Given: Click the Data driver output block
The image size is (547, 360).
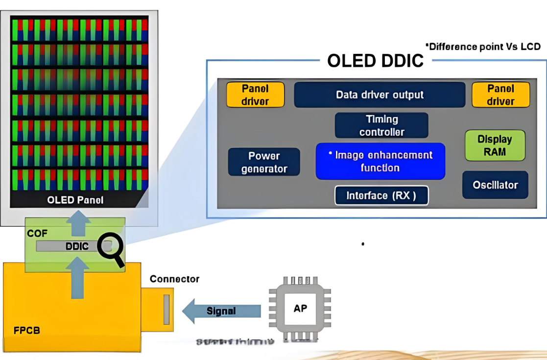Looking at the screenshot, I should coord(380,95).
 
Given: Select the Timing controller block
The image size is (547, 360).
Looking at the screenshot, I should coord(381,125).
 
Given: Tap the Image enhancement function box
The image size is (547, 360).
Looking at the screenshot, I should coord(380,161).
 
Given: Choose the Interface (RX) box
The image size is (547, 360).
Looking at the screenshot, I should coord(381,195).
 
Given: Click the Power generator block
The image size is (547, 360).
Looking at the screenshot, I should coord(264,162).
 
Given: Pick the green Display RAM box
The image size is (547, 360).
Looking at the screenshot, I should coord(495,145).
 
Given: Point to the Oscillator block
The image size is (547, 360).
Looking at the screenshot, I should coord(495,185).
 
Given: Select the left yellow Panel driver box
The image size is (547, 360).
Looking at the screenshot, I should coord(255,95).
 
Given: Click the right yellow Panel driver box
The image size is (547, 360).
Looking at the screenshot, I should coord(500,95).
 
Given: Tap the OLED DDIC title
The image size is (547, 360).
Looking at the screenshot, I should coord(375,61).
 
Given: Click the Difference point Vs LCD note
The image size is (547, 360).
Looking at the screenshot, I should coord(482,47).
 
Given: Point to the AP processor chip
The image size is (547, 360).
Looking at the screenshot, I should coord(300,309).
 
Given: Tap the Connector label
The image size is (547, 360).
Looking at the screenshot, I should coord(174,279).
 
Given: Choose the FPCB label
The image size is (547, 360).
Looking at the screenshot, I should coord(27,330).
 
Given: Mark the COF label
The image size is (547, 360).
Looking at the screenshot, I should coord(37,233).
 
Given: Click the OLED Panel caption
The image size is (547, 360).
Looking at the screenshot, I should coord(75,200).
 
